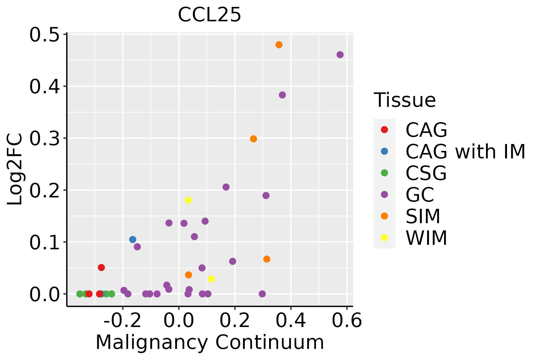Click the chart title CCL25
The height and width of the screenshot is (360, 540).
(209, 15)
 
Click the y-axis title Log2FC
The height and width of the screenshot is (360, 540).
(15, 169)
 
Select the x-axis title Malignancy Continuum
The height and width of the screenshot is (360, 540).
(209, 342)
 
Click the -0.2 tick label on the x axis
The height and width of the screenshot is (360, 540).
(122, 321)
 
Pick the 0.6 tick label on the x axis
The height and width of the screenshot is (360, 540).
(347, 321)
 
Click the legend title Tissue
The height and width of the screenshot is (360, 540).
(405, 100)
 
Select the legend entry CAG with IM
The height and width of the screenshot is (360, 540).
(465, 151)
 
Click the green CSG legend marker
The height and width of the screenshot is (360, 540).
(384, 173)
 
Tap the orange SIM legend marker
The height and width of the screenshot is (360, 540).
(384, 216)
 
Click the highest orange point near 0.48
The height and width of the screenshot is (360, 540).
(279, 45)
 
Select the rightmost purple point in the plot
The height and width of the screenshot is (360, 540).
(340, 55)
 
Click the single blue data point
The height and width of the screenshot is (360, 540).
(133, 239)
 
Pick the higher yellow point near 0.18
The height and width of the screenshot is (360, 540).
(188, 200)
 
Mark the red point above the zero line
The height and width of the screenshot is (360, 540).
(101, 267)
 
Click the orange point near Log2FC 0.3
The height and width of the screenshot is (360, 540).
(253, 139)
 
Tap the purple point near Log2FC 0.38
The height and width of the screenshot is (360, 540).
(282, 95)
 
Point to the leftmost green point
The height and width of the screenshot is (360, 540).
(80, 294)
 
